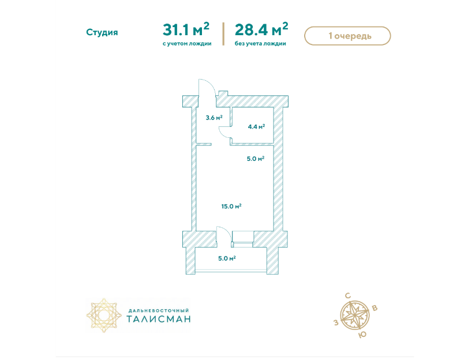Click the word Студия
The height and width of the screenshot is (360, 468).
point(102,32)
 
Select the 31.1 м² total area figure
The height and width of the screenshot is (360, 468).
point(186,29)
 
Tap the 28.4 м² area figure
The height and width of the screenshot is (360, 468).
point(261,29)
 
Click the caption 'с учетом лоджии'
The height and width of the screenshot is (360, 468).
point(187,44)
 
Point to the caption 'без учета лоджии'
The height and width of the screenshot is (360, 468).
point(260,44)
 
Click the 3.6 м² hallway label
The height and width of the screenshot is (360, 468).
point(214,118)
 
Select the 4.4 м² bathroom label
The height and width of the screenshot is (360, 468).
point(256,126)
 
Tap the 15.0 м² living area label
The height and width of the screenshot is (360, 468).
point(231,206)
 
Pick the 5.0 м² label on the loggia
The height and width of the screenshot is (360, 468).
point(227,258)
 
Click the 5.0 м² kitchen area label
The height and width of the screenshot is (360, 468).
point(256,159)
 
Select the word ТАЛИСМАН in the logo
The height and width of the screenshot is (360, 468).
point(159,319)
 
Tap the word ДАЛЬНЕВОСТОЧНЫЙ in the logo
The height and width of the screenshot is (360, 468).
point(159,310)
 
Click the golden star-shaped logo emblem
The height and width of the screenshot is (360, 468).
point(104,315)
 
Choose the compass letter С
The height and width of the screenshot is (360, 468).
point(348,296)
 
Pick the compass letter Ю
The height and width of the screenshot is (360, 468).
point(362,335)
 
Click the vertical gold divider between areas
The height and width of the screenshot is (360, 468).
point(223,33)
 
